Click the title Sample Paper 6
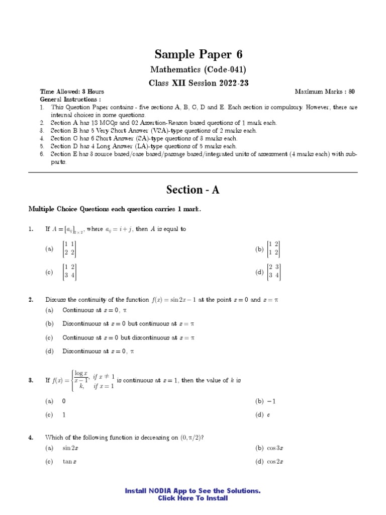[193, 54]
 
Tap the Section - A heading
[193, 190]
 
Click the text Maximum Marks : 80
[325, 92]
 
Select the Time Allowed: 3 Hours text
[72, 92]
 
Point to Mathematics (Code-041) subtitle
[193, 70]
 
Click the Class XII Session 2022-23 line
[193, 82]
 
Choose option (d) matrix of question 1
[274, 272]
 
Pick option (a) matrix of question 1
[69, 248]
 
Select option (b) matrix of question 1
[273, 248]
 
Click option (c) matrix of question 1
[69, 272]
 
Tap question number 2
[31, 300]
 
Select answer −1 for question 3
[272, 401]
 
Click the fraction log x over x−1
[80, 377]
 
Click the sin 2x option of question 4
[70, 448]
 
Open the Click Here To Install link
[193, 498]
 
